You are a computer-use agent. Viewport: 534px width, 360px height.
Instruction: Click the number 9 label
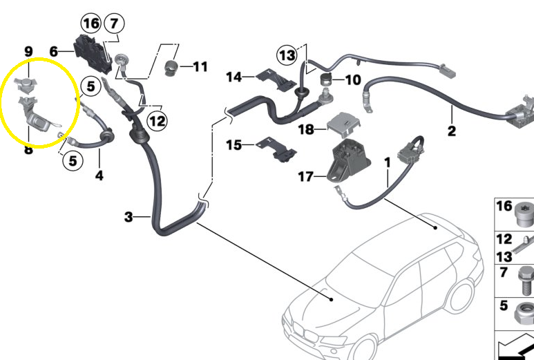pyautogui.click(x=28, y=51)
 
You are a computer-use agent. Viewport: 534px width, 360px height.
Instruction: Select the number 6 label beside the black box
pyautogui.click(x=53, y=51)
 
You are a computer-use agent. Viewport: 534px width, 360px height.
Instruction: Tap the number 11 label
pyautogui.click(x=200, y=67)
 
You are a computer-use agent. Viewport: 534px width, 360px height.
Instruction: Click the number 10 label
pyautogui.click(x=352, y=80)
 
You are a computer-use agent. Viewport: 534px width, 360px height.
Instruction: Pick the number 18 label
pyautogui.click(x=305, y=129)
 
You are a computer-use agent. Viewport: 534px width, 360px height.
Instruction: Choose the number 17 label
pyautogui.click(x=305, y=178)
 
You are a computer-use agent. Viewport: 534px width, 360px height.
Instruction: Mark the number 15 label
pyautogui.click(x=234, y=145)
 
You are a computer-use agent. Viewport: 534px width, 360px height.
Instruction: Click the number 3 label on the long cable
pyautogui.click(x=128, y=218)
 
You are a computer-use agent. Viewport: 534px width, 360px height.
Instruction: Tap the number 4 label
pyautogui.click(x=99, y=176)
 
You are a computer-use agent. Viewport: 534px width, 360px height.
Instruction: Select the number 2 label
pyautogui.click(x=451, y=131)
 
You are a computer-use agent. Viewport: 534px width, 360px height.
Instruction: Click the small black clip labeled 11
pyautogui.click(x=171, y=67)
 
